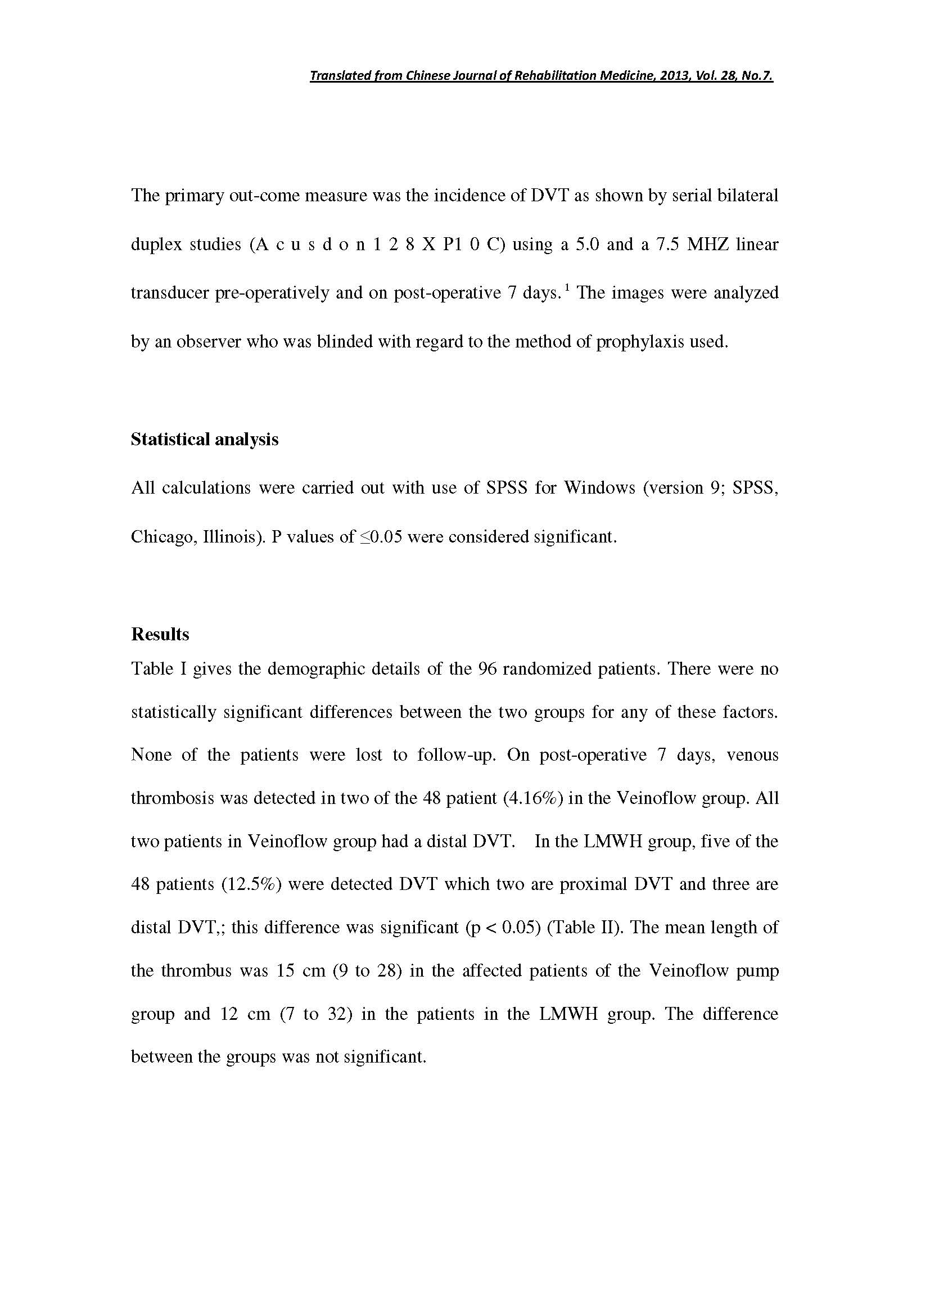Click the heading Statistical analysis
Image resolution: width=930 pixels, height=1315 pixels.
205,439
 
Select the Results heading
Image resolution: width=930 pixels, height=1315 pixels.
160,634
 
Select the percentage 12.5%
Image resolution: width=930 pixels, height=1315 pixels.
251,884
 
